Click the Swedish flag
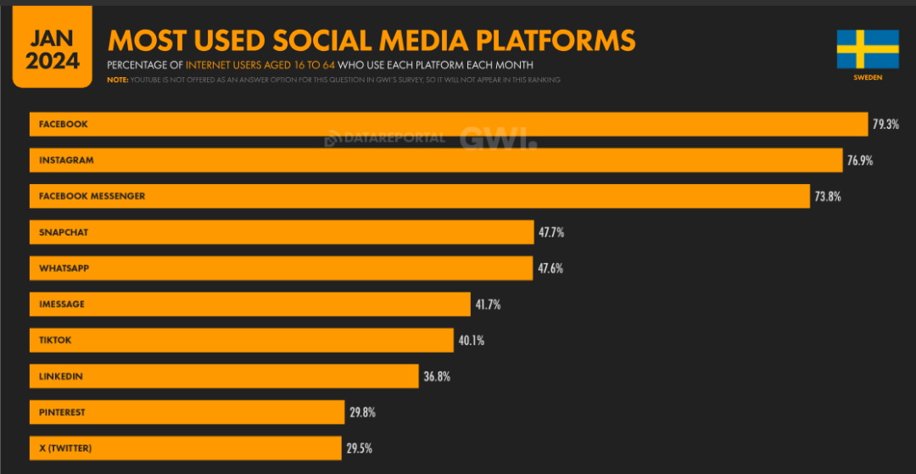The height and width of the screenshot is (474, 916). [867, 49]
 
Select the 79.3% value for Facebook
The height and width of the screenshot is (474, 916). [885, 125]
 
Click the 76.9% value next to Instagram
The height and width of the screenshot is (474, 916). [860, 160]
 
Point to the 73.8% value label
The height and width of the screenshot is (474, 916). [829, 196]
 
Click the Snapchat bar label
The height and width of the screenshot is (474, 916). [64, 232]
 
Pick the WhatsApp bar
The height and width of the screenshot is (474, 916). [281, 268]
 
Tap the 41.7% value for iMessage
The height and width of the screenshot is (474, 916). [488, 304]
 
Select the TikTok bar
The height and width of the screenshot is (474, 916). [242, 340]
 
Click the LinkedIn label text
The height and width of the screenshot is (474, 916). [61, 376]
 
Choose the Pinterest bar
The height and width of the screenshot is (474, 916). [187, 412]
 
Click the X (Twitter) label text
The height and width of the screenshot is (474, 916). [65, 448]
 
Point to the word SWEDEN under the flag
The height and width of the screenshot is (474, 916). [868, 77]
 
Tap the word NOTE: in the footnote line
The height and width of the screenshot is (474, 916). [118, 80]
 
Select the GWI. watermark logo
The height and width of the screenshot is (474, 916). [498, 137]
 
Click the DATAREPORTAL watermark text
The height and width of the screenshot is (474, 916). [391, 137]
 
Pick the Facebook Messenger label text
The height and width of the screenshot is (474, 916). [92, 196]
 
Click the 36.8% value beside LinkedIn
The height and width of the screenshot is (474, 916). [436, 376]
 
